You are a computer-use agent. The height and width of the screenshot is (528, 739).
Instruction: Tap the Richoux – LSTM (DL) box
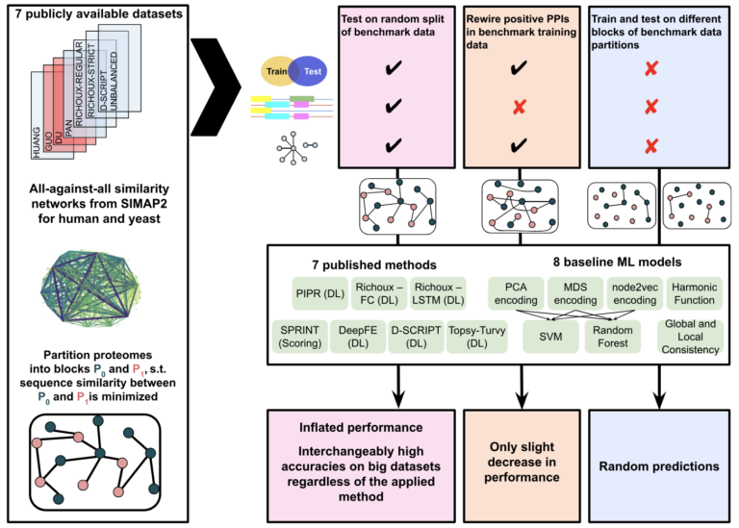coord(438,292)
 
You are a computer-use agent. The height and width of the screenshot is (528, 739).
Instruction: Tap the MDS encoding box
coord(574,292)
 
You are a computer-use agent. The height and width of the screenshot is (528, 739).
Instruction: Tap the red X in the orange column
coord(521,107)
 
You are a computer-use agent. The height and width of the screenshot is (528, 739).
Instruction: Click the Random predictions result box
coord(657,465)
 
